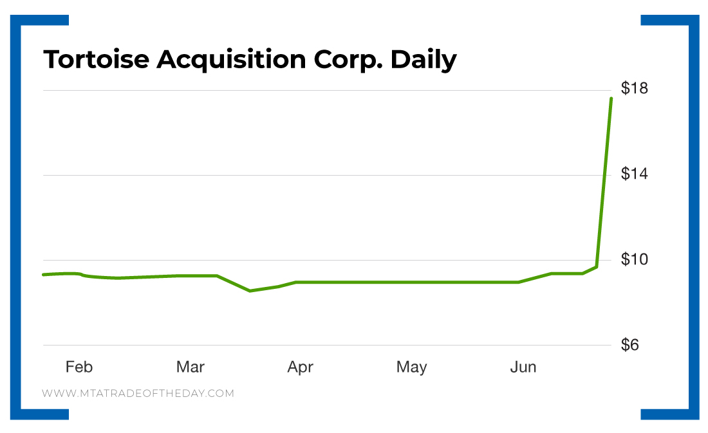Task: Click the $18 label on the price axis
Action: [x=634, y=88]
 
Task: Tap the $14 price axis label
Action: [x=634, y=174]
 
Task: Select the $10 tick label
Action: [x=634, y=259]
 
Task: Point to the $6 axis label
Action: [x=634, y=345]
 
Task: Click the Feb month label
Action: [x=79, y=367]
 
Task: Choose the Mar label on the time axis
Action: [x=190, y=367]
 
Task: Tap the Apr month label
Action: [x=300, y=367]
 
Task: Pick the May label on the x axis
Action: [x=411, y=367]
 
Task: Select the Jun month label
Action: [x=523, y=367]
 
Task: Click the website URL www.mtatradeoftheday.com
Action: [x=138, y=392]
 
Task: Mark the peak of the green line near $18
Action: [x=611, y=98]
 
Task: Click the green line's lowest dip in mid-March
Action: [x=250, y=291]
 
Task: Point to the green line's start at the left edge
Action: [x=44, y=275]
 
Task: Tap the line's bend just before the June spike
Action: [x=597, y=266]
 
